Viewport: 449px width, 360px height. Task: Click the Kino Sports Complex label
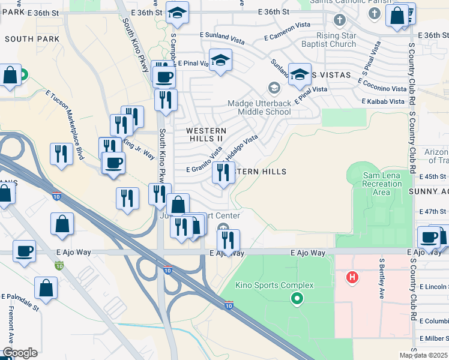tap(274, 285)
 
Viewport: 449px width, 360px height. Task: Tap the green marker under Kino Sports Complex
tap(296, 298)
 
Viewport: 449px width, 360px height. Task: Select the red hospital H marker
tap(352, 278)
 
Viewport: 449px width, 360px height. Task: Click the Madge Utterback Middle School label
tap(259, 107)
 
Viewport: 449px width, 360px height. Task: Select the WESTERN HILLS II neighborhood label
tap(206, 134)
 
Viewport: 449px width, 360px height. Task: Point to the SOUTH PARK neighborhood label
tap(32, 39)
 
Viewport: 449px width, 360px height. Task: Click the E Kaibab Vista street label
tap(384, 101)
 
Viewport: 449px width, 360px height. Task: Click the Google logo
tap(20, 353)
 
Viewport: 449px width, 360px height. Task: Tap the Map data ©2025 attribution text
tap(423, 355)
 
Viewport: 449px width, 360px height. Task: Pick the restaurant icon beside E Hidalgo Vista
tap(223, 173)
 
